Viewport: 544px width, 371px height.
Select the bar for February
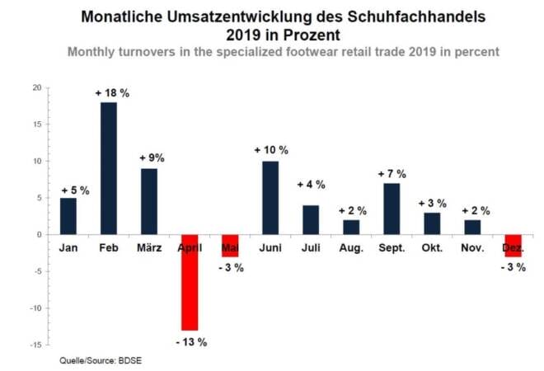(109, 168)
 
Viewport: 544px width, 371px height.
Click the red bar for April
(190, 283)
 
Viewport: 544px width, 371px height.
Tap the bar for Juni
(270, 198)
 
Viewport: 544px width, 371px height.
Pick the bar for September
(392, 209)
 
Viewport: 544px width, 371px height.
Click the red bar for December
(514, 246)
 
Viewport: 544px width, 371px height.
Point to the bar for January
(68, 216)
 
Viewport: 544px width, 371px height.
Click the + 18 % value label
(112, 93)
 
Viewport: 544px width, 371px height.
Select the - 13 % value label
(191, 342)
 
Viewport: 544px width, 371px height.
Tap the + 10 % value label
(271, 150)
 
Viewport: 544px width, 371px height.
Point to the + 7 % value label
(392, 173)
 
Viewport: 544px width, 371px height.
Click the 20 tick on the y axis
(37, 88)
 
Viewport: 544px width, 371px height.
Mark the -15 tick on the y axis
(35, 345)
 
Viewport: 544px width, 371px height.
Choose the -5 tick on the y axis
(37, 271)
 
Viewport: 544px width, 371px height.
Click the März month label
(149, 248)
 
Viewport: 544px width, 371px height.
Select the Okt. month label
(432, 248)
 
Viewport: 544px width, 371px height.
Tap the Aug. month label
(351, 248)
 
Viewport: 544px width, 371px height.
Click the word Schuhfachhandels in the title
(416, 16)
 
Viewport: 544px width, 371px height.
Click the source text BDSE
(130, 360)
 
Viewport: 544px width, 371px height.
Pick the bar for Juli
(311, 220)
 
